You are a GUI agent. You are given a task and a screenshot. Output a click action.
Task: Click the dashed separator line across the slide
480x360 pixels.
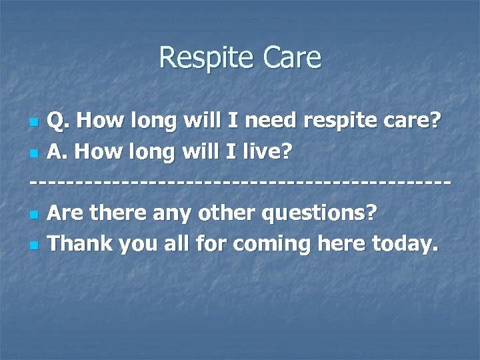pos(240,183)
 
